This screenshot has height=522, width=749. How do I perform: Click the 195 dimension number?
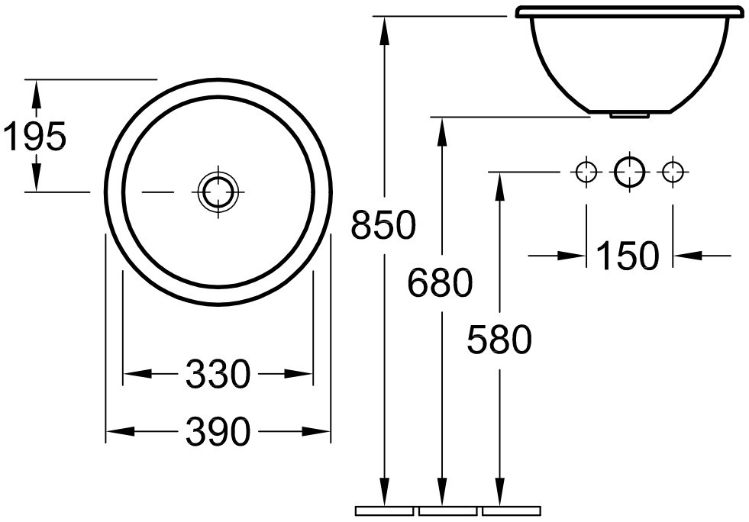tap(34, 136)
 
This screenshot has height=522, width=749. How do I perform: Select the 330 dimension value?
tap(218, 373)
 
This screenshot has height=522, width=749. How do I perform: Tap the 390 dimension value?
tap(218, 432)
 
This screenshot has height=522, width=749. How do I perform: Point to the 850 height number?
tap(383, 224)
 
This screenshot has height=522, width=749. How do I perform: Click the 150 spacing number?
tap(628, 256)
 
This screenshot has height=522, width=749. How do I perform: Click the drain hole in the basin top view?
tap(218, 192)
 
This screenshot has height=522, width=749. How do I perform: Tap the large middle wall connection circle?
tap(630, 172)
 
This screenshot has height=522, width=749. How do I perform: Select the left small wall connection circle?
tap(586, 172)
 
